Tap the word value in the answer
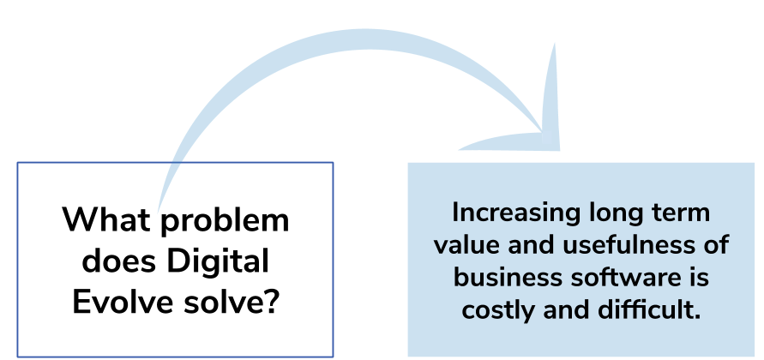pyautogui.click(x=466, y=245)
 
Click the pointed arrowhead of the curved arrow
pyautogui.click(x=544, y=132)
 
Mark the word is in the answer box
pyautogui.click(x=697, y=278)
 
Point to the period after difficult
pyautogui.click(x=697, y=317)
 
